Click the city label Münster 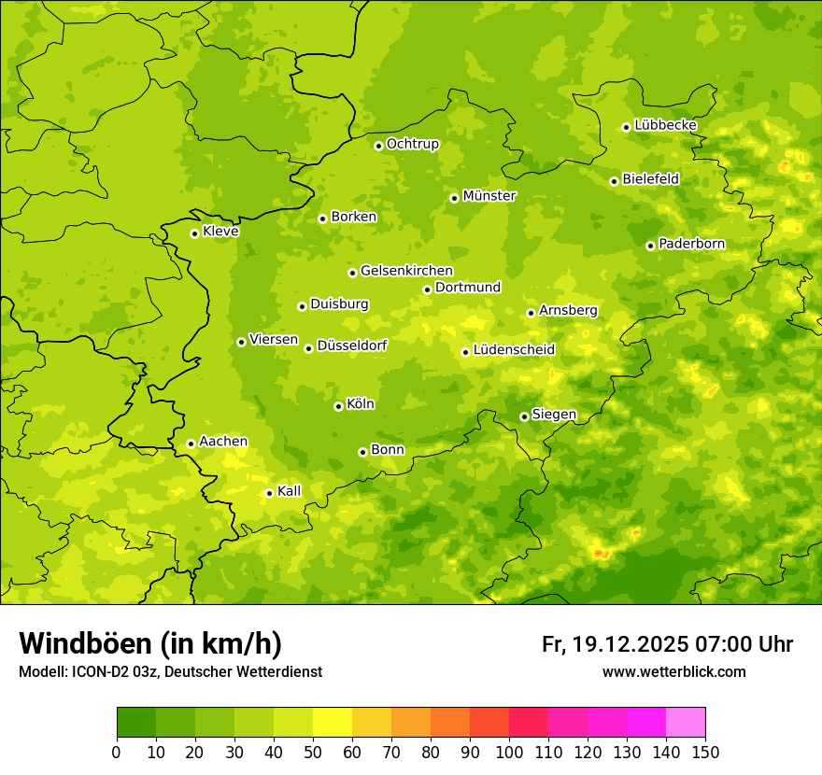(489, 196)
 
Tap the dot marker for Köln (338, 406)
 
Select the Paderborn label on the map (691, 244)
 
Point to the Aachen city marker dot (191, 444)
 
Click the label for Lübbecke (665, 125)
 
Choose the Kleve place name (220, 231)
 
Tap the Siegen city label (554, 415)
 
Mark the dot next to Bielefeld (614, 181)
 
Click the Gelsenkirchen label (406, 271)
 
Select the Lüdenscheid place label (514, 350)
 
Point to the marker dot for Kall (269, 493)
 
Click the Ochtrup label (412, 144)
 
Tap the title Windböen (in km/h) (150, 643)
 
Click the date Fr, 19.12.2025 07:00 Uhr (667, 644)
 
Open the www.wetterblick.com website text (673, 672)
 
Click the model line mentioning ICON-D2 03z (170, 672)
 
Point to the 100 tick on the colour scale (509, 753)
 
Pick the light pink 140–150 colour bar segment (685, 723)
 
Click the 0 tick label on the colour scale (117, 753)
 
